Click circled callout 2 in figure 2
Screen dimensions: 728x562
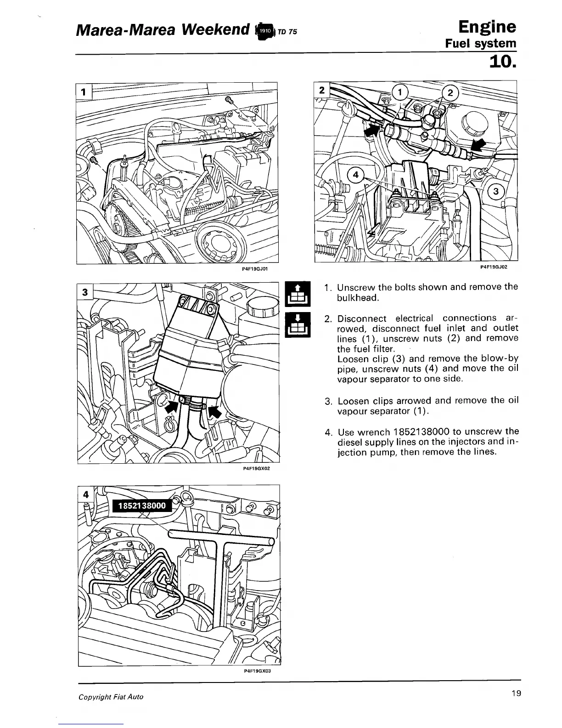(x=450, y=93)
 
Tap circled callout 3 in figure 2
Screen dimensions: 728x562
(x=496, y=191)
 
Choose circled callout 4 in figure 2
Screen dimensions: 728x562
(x=355, y=175)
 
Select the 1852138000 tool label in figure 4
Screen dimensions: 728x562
(x=141, y=506)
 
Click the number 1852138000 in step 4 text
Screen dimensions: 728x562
(x=421, y=432)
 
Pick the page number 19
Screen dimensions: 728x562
(x=515, y=694)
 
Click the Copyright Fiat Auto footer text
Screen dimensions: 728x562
(x=111, y=697)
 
